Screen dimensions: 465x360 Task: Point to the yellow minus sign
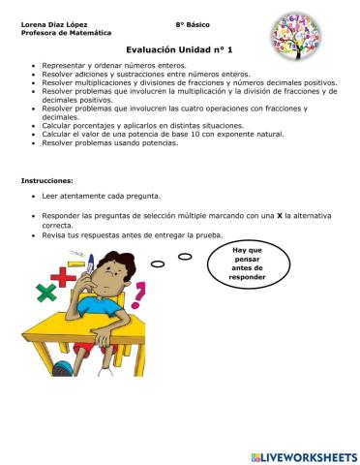coord(75,259)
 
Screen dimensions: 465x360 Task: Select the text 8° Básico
coord(194,23)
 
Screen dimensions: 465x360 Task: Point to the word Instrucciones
coord(47,180)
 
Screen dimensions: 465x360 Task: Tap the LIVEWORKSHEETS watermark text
coord(310,455)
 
